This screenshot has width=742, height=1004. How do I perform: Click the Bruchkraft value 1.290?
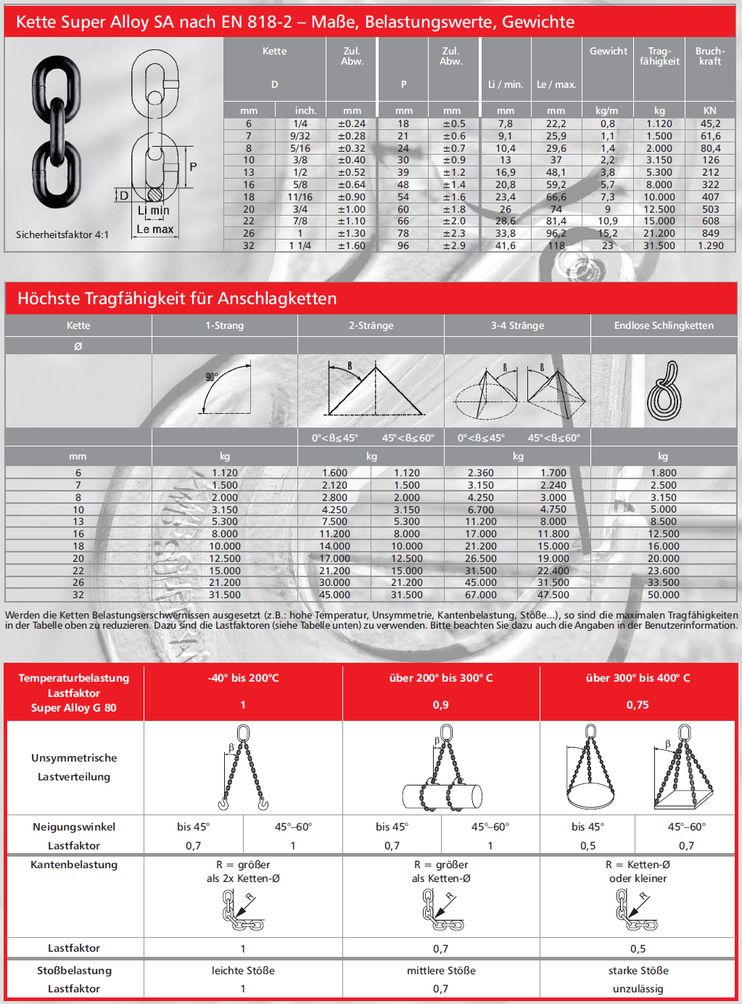[710, 245]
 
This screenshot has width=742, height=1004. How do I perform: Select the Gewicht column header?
[608, 51]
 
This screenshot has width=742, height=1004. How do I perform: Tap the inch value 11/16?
[300, 197]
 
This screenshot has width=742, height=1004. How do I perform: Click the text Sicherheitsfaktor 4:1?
[62, 234]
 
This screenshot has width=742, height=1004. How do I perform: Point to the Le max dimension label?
[155, 229]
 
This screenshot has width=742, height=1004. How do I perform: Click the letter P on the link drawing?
[193, 166]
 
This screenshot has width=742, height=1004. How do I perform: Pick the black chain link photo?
[57, 131]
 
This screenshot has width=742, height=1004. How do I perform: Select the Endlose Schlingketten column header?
[664, 325]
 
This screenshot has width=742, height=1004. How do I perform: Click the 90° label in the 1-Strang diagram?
[212, 377]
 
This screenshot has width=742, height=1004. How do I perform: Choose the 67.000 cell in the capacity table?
[480, 595]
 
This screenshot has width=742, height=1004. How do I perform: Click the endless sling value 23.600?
[663, 571]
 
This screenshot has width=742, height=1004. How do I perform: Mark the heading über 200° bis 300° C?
[441, 677]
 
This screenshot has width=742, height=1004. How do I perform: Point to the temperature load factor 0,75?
[638, 705]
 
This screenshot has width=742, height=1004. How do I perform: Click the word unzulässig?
[638, 989]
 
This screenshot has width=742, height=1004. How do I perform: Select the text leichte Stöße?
[243, 971]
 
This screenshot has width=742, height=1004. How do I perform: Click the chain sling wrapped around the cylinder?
[442, 768]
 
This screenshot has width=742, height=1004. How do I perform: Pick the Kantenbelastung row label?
[74, 865]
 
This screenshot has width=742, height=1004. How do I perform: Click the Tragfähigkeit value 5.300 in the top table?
[659, 172]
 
